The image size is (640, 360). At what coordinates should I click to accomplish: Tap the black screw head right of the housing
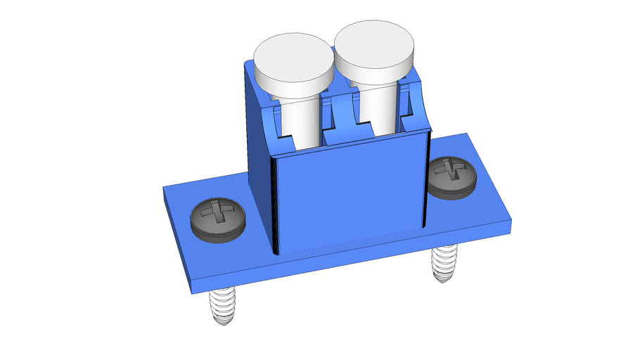[x=452, y=177]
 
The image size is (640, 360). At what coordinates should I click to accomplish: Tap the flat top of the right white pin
[x=373, y=41]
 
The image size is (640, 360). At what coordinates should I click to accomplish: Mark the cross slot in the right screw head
[x=452, y=169]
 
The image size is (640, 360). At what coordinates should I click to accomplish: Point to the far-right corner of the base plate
[x=511, y=224]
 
